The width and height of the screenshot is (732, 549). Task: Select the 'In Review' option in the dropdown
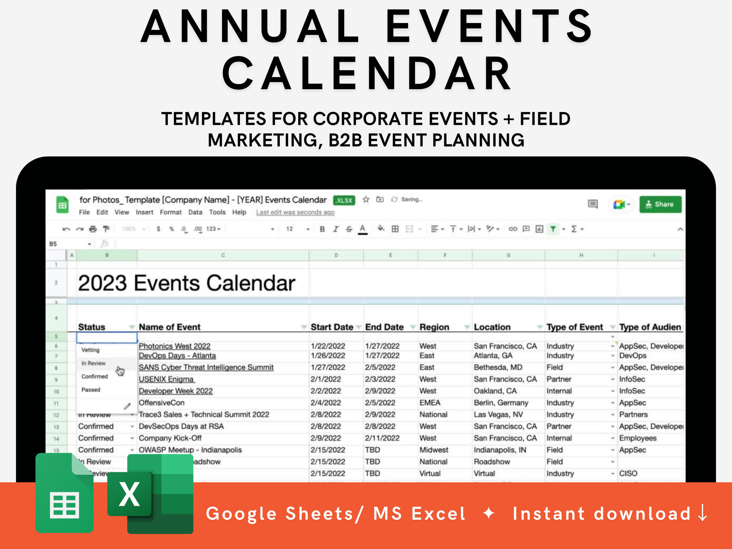[93, 363]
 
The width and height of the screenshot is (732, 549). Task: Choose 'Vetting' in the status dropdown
[90, 350]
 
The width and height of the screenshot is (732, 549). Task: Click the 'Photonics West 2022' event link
[174, 346]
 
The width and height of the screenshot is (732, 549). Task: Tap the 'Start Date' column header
[332, 327]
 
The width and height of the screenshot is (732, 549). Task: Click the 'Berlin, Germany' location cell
[501, 403]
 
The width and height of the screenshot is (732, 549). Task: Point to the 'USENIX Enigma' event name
[166, 379]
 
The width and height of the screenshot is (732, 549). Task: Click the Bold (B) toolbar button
[322, 229]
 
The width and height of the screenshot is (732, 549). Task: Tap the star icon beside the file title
[366, 200]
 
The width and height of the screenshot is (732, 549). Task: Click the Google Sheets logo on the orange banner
[64, 493]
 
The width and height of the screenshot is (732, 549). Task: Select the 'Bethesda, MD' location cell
[498, 367]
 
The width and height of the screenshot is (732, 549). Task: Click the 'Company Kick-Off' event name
[170, 438]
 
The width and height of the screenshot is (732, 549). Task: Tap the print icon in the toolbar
[93, 229]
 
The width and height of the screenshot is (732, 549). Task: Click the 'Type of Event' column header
[574, 327]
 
